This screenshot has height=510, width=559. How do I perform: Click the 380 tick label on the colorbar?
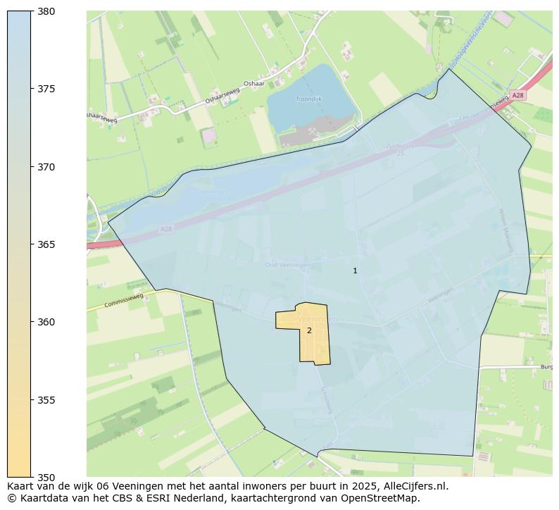click(x=46, y=11)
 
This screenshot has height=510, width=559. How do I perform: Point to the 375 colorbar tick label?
click(x=46, y=89)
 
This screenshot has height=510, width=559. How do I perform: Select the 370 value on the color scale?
click(x=46, y=167)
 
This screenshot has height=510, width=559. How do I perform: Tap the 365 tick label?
click(x=46, y=244)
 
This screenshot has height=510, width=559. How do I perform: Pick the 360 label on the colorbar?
click(x=46, y=322)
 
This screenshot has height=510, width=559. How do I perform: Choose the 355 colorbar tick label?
click(x=46, y=400)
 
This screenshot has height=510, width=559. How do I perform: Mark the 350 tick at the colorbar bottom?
click(x=46, y=478)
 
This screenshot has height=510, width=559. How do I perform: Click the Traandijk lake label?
click(x=308, y=99)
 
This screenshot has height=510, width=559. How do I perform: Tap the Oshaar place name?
click(x=253, y=84)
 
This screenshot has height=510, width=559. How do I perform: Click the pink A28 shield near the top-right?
click(x=518, y=95)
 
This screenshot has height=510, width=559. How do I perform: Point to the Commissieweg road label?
click(x=124, y=301)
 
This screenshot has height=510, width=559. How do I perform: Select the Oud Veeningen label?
click(x=287, y=265)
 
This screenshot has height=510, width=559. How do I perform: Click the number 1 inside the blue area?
click(x=355, y=270)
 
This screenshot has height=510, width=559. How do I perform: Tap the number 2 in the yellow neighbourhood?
click(x=309, y=330)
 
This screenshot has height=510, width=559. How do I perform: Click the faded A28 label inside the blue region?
click(x=165, y=229)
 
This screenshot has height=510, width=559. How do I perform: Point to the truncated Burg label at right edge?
click(x=546, y=367)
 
